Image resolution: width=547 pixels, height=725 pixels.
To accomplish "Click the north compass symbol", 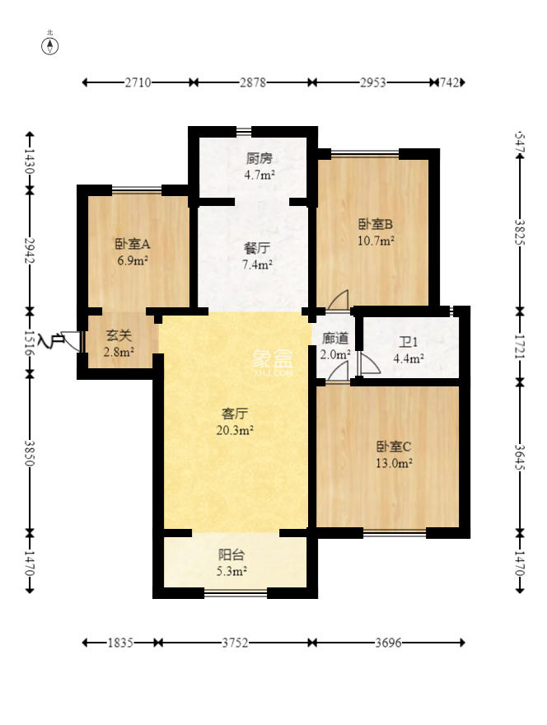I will pos(50,45).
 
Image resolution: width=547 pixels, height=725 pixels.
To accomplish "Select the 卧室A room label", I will pos(132,244).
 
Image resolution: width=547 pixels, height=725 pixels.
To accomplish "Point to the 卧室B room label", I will pos(376,224).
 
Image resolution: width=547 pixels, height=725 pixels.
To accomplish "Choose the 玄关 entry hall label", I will pos(119,335).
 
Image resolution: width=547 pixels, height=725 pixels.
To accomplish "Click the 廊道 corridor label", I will pos(335,339).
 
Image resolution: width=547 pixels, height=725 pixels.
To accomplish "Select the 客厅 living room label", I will pos(236,414).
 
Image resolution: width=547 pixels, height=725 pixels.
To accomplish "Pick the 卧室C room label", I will pos(394,447).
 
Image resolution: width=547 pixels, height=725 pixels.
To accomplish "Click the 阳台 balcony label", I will pos(231,555).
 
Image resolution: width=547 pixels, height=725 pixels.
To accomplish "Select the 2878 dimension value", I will pos(253,82).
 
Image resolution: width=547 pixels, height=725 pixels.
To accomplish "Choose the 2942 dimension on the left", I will pos(30,250).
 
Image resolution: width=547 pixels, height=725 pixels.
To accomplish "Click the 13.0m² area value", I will pos(395,463).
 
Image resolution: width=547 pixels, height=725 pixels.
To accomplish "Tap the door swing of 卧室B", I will pos(339,301).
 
